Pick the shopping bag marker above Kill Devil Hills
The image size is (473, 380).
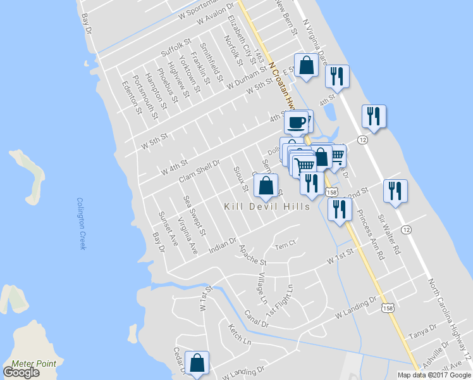pyautogui.click(x=266, y=186)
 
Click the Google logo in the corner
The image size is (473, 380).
pyautogui.click(x=21, y=372)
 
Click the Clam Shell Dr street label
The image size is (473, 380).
pyautogui.click(x=199, y=171)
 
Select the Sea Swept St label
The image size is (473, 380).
pyautogui.click(x=195, y=215)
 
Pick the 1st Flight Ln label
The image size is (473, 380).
pyautogui.click(x=279, y=301)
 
